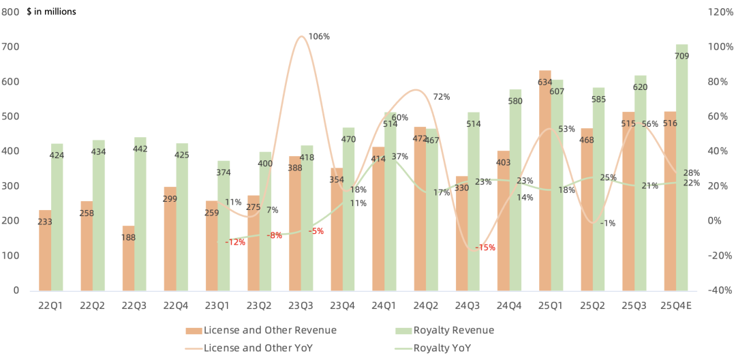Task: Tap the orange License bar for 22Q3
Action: click(x=128, y=259)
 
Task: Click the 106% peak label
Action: click(x=319, y=37)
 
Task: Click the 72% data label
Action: click(x=441, y=97)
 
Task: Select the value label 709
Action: click(x=681, y=57)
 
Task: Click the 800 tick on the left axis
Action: click(x=11, y=12)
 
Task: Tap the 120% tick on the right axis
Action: click(x=720, y=12)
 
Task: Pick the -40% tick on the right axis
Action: click(x=720, y=290)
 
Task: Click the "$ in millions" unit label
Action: click(x=52, y=12)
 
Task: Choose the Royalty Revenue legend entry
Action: click(x=444, y=331)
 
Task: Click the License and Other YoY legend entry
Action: click(x=261, y=348)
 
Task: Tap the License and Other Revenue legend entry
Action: click(x=261, y=331)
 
